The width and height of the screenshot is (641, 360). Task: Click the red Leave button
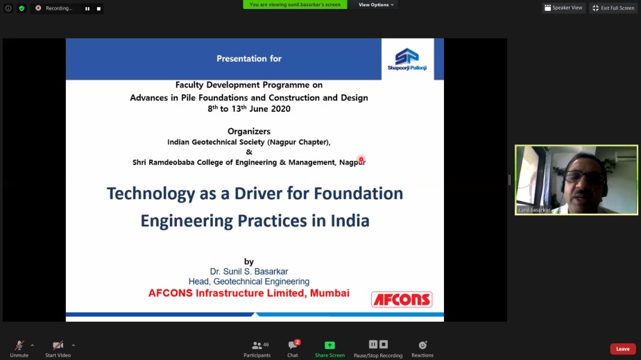click(x=622, y=349)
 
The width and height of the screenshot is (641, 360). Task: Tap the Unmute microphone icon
click(x=19, y=345)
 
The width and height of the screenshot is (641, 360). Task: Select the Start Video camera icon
click(x=58, y=345)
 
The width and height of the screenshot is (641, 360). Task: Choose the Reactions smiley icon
click(x=422, y=345)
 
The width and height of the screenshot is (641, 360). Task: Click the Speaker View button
click(x=563, y=8)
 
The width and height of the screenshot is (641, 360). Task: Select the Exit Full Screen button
click(x=613, y=8)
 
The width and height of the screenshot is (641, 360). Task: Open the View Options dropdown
click(x=376, y=4)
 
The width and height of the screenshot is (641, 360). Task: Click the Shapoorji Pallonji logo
click(x=407, y=59)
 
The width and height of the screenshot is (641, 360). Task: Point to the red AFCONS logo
click(x=402, y=300)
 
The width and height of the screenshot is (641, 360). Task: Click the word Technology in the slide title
click(x=151, y=194)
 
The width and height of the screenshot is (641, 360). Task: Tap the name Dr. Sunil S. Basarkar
click(x=249, y=271)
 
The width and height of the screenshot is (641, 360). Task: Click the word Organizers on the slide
click(x=249, y=131)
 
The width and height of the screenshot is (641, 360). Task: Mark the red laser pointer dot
click(x=361, y=160)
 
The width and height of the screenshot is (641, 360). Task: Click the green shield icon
click(x=22, y=8)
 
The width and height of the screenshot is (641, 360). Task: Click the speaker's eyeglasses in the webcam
click(x=585, y=177)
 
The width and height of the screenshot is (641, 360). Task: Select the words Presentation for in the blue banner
click(x=249, y=58)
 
